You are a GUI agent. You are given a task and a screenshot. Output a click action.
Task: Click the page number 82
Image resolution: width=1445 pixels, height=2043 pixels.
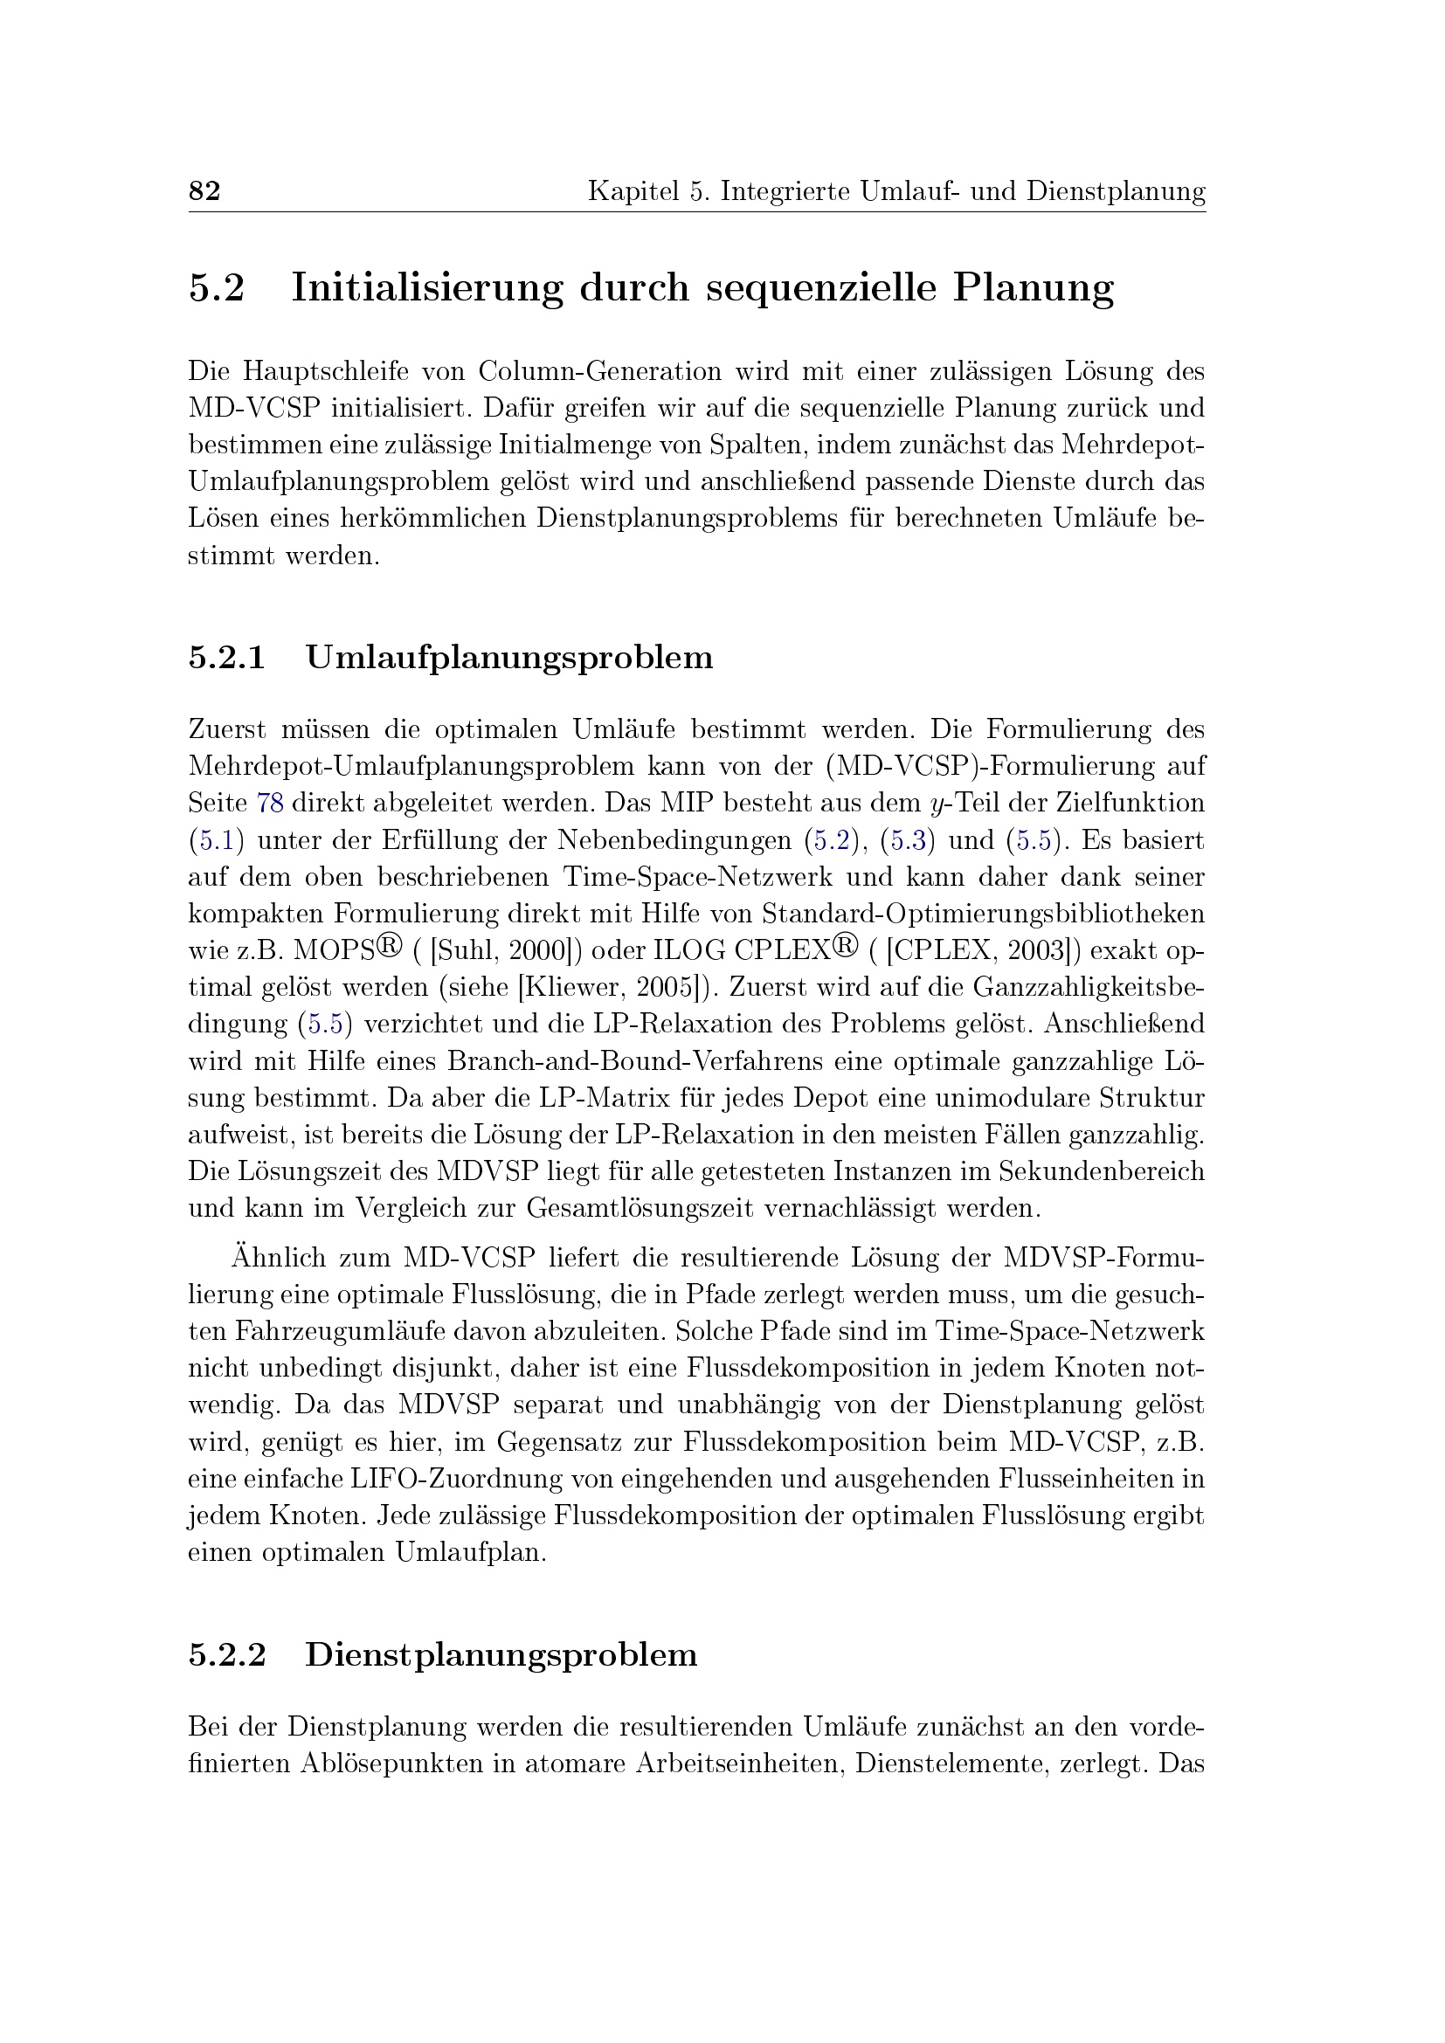204,190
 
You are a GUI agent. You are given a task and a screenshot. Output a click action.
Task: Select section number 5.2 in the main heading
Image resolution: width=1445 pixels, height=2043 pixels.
216,287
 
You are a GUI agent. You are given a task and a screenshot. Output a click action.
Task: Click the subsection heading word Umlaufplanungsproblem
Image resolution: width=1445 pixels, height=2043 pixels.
509,658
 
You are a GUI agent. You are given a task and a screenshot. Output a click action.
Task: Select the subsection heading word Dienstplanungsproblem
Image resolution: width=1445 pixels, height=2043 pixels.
501,1654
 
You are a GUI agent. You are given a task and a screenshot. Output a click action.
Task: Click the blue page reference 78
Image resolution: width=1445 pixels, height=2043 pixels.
270,803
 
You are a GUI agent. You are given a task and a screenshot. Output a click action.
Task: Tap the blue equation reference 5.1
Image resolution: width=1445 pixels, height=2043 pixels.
215,840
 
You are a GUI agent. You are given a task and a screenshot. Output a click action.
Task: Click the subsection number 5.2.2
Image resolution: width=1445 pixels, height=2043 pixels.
227,1654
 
